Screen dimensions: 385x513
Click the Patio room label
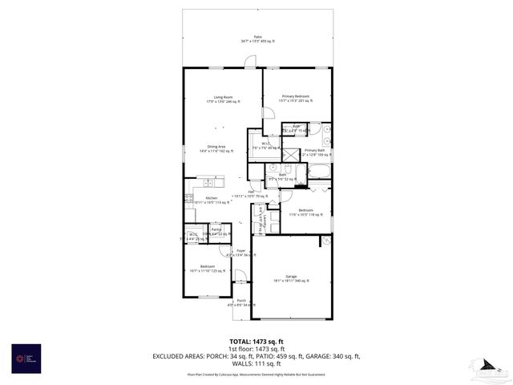pyautogui.click(x=257, y=38)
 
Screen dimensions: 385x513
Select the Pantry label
pyautogui.click(x=216, y=231)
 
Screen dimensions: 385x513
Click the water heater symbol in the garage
pyautogui.click(x=325, y=240)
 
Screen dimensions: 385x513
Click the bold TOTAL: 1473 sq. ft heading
pyautogui.click(x=257, y=341)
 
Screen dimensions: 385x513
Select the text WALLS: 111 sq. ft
pyautogui.click(x=257, y=363)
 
